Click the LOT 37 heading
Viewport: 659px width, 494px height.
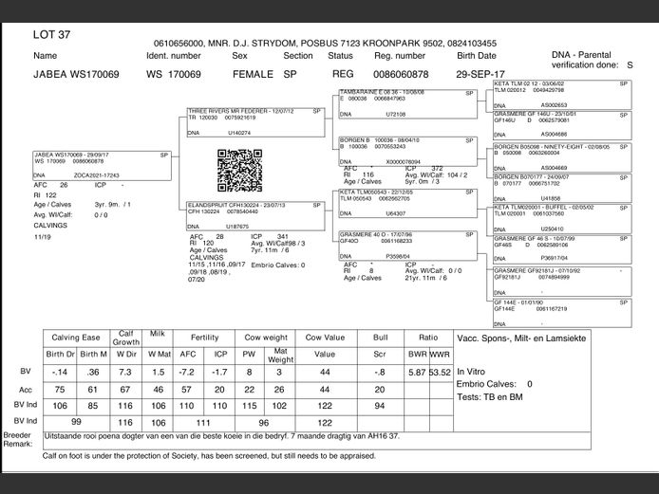[x=51, y=35]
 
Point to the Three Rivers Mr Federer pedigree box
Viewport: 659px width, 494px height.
[x=256, y=122]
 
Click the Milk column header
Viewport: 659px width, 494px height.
[x=160, y=337]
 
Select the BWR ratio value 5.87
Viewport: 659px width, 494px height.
[x=416, y=372]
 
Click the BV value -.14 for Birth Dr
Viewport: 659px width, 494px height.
[x=60, y=372]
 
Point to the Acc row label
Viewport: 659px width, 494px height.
[x=25, y=390]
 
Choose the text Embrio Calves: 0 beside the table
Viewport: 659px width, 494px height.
[x=496, y=384]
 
